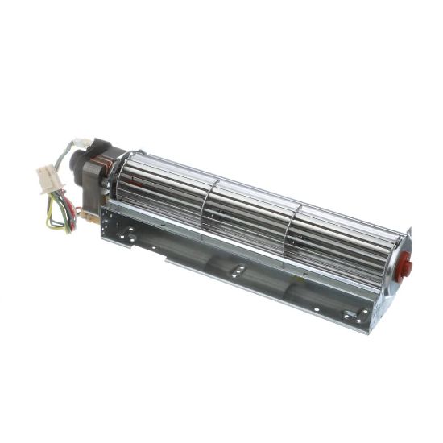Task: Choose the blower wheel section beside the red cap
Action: [346, 246]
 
